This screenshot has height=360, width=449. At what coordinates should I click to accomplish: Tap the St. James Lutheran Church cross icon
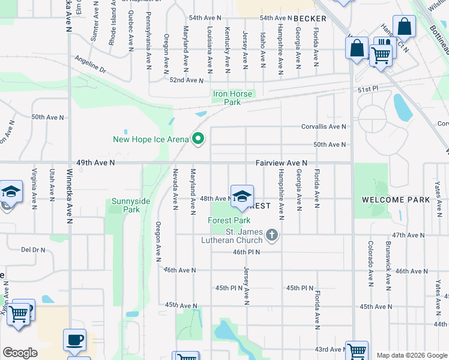272,235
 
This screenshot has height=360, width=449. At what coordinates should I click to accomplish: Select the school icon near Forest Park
242,196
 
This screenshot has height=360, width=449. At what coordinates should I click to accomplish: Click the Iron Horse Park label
234,98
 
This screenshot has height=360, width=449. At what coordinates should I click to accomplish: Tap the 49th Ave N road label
95,163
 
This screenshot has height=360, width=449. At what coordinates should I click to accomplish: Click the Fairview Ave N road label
282,163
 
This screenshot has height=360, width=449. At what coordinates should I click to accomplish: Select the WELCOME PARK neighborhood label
396,199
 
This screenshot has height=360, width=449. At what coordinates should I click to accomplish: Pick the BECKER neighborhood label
310,19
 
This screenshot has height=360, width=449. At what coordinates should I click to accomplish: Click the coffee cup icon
75,340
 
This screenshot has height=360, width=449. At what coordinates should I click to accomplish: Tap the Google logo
20,353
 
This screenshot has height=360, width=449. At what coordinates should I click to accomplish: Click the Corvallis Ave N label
324,127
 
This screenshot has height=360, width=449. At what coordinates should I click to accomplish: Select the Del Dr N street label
33,249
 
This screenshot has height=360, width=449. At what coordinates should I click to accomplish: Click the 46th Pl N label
246,252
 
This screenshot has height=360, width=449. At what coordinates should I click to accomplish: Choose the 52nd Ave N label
187,80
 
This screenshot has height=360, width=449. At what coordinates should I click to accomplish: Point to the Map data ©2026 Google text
411,355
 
